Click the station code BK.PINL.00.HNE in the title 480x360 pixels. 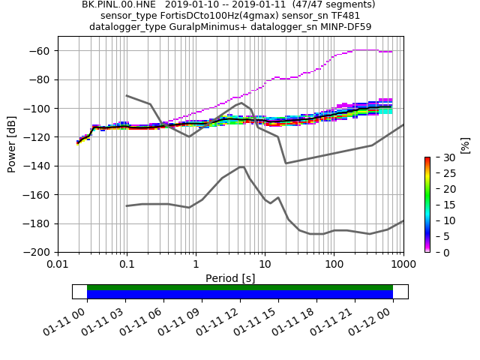click(x=116, y=4)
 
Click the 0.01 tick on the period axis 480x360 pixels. click(x=58, y=265)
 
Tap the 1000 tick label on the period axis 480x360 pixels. click(x=403, y=265)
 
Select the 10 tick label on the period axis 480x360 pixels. click(x=265, y=265)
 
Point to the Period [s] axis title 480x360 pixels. click(x=230, y=278)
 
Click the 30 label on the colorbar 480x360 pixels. click(x=442, y=157)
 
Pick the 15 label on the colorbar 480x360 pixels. click(x=442, y=205)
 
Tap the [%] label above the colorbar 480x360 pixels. click(x=465, y=145)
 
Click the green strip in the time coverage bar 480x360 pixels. click(x=240, y=287)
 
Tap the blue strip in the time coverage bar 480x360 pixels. click(x=240, y=295)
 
